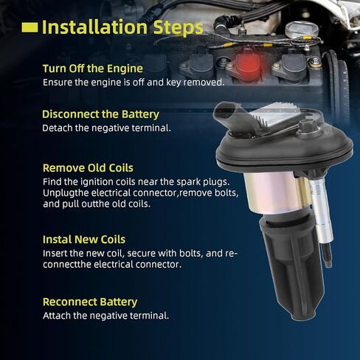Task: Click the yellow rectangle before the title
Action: pos(30,27)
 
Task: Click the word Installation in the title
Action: pos(94,27)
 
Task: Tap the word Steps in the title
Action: pos(179,28)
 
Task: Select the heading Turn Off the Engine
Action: pos(93,69)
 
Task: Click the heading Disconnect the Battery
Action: pos(100,114)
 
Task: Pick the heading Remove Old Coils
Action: pos(88,168)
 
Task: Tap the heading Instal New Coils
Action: pos(84,240)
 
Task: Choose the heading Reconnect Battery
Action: pos(90,302)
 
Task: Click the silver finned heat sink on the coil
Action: pos(270,116)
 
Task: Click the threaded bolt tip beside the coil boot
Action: pos(328,255)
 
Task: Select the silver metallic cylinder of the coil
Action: pos(271,193)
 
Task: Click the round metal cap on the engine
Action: pos(302,30)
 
